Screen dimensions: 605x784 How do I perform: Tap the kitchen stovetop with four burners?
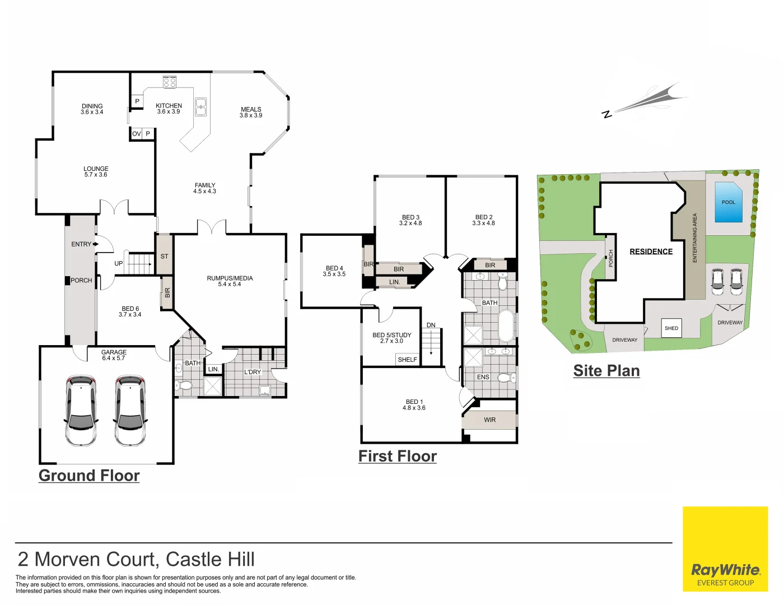point(170,82)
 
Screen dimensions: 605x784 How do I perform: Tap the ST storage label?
point(164,256)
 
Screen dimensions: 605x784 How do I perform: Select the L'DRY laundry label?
point(253,372)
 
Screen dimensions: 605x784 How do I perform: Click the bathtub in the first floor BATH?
point(506,325)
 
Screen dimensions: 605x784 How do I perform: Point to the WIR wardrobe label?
point(489,420)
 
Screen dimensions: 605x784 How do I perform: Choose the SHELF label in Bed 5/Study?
point(407,360)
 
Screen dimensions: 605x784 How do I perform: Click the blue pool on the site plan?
point(729,202)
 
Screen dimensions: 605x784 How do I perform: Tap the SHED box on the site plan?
point(671,328)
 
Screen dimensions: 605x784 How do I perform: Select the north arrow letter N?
point(606,114)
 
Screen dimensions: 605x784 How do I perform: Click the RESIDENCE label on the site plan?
point(651,252)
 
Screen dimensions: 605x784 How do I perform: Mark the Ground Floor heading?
point(89,476)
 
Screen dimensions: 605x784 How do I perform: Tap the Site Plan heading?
point(606,371)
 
